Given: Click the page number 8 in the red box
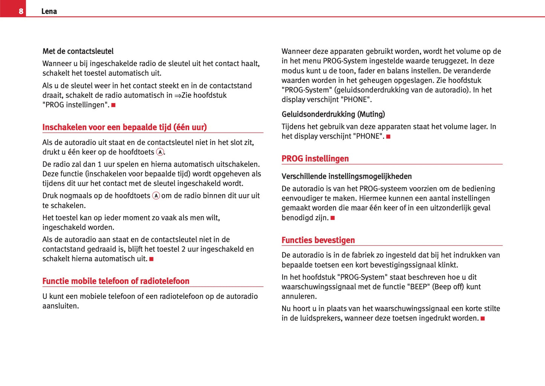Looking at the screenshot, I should pos(21,11).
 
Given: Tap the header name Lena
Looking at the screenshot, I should pos(49,11).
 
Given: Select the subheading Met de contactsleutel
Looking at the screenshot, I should pos(78,51).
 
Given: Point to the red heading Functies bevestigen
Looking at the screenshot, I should pos(318,240).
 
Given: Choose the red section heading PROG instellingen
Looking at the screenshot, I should pos(315,159).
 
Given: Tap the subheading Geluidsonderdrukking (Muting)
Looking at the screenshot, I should pos(333,114).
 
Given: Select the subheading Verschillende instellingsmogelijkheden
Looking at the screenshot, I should pos(346,176).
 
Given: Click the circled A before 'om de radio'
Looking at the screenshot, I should pos(156,196).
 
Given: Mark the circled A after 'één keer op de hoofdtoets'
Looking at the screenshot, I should pos(160,152).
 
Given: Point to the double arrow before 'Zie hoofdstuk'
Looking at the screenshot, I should pos(178,96).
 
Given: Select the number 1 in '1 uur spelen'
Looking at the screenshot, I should pos(100,164).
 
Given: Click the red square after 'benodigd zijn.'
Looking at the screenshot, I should pos(333,218).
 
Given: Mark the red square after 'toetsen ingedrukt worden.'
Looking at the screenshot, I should pos(482,318).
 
